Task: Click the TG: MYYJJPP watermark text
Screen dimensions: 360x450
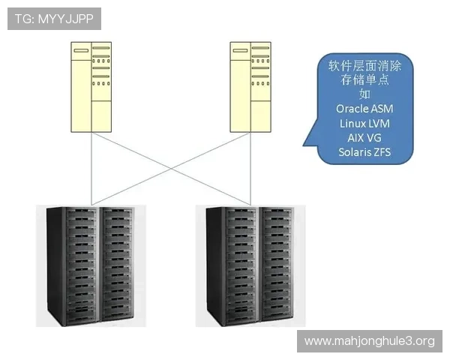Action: pyautogui.click(x=53, y=19)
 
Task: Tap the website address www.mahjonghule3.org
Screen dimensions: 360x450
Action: pyautogui.click(x=370, y=341)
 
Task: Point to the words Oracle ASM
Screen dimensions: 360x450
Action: pyautogui.click(x=364, y=109)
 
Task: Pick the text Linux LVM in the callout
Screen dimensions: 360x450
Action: pyautogui.click(x=364, y=124)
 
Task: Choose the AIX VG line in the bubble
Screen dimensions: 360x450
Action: pyautogui.click(x=364, y=139)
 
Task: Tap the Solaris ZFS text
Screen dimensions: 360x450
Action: pyautogui.click(x=364, y=154)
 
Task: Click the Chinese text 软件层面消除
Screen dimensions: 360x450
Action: pyautogui.click(x=364, y=64)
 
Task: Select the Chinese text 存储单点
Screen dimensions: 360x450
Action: pyautogui.click(x=364, y=79)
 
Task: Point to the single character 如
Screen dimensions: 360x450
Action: pyautogui.click(x=364, y=94)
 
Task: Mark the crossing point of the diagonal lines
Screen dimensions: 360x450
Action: pyautogui.click(x=170, y=166)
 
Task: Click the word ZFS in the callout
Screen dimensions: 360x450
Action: pyautogui.click(x=382, y=154)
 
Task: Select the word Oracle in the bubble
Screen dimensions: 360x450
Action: pyautogui.click(x=353, y=109)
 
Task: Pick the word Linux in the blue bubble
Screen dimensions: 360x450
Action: pyautogui.click(x=352, y=124)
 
